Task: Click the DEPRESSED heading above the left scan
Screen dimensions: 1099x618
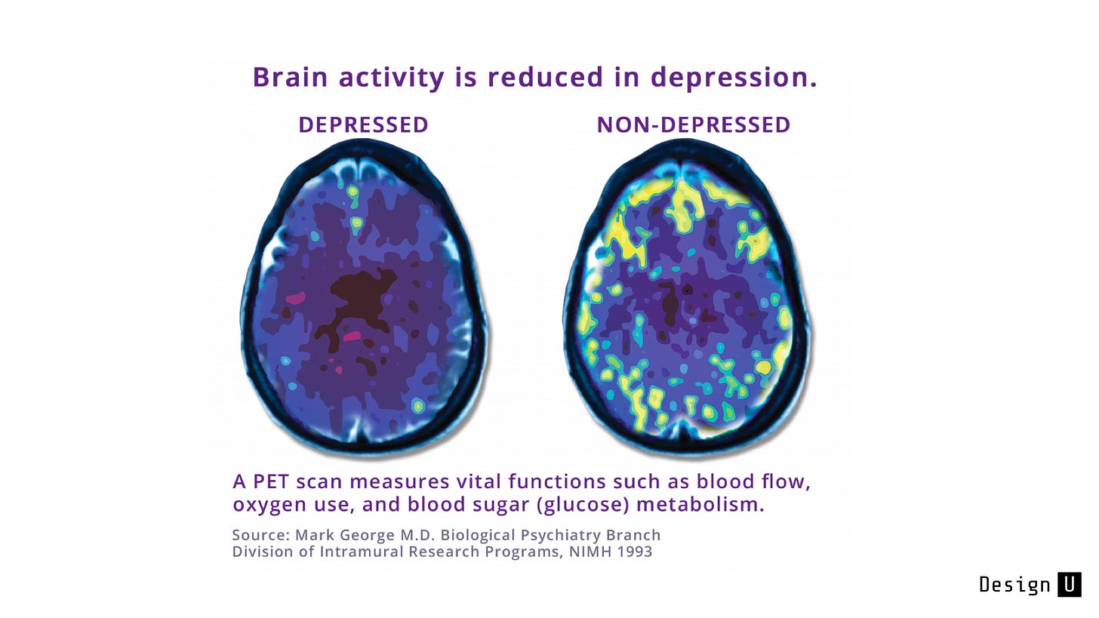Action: [x=364, y=125]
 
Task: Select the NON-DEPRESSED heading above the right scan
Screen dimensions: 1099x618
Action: [x=693, y=125]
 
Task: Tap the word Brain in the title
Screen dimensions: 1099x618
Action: [x=290, y=77]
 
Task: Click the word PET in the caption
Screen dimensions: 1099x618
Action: [x=270, y=481]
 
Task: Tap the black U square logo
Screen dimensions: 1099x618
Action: [x=1069, y=584]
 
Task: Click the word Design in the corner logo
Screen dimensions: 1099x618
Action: [x=1014, y=585]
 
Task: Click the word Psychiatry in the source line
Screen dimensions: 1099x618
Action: [x=555, y=535]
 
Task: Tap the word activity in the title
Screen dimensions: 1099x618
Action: [x=391, y=78]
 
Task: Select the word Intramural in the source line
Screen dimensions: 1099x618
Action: [x=362, y=552]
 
